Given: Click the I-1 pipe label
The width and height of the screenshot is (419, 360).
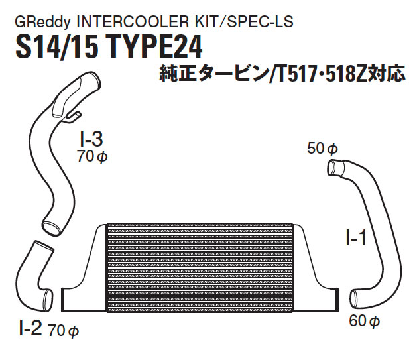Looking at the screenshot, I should [355, 237].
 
